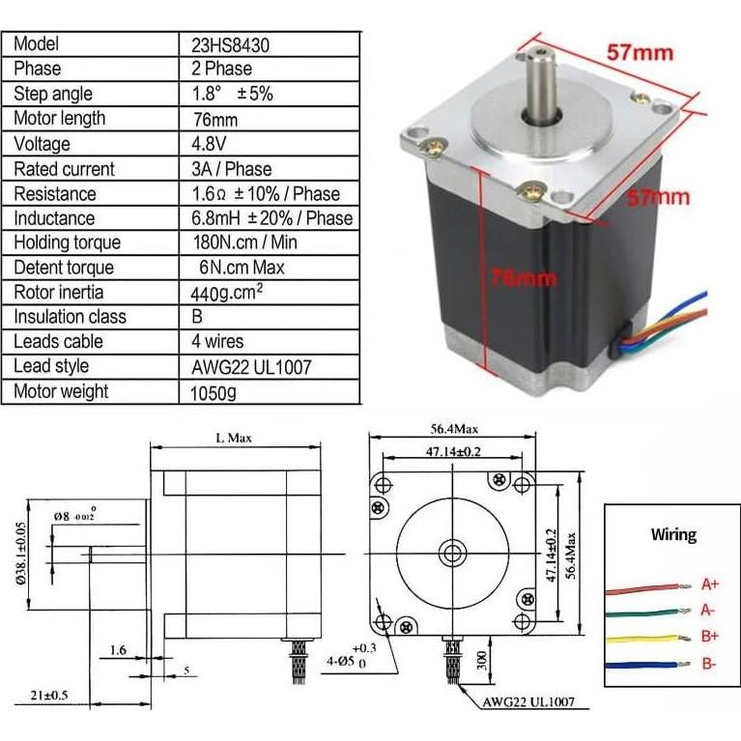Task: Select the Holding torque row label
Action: (x=67, y=242)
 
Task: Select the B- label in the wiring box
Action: (x=710, y=664)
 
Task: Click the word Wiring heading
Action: (x=673, y=534)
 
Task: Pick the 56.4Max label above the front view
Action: (x=454, y=429)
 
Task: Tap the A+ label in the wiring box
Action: (x=710, y=584)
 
